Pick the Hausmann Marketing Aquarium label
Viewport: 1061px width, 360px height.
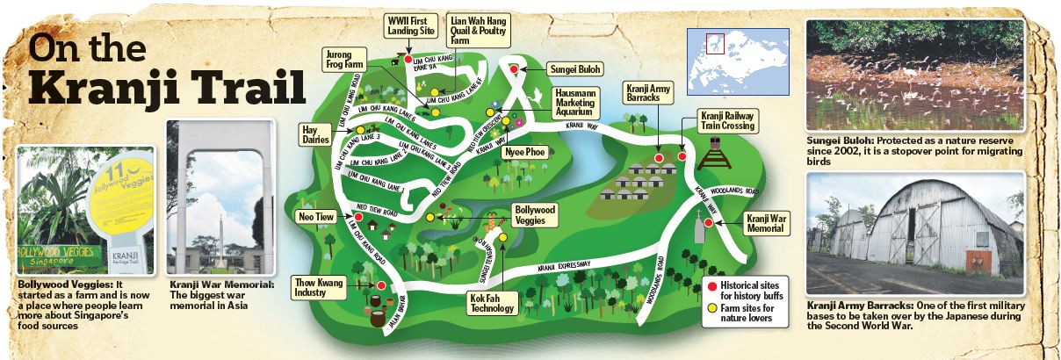574,103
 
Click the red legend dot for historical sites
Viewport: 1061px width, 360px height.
712,287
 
